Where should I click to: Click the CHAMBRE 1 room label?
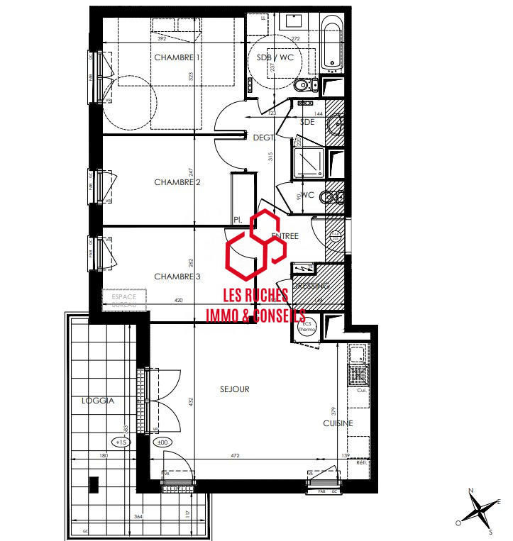(x=177, y=57)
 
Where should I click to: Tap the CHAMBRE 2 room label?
(x=177, y=182)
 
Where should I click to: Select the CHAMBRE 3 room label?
(x=177, y=277)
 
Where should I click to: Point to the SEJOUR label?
(x=235, y=389)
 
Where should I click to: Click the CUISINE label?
(x=338, y=423)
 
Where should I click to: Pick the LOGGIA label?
(x=99, y=401)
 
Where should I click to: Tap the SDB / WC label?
(x=275, y=57)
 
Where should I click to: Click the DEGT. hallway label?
(x=264, y=138)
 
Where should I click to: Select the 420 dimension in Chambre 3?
(x=178, y=301)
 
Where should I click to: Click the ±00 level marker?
(x=162, y=442)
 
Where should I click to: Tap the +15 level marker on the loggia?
(x=121, y=442)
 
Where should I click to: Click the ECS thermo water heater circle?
(x=307, y=327)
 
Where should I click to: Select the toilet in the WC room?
(x=327, y=196)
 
